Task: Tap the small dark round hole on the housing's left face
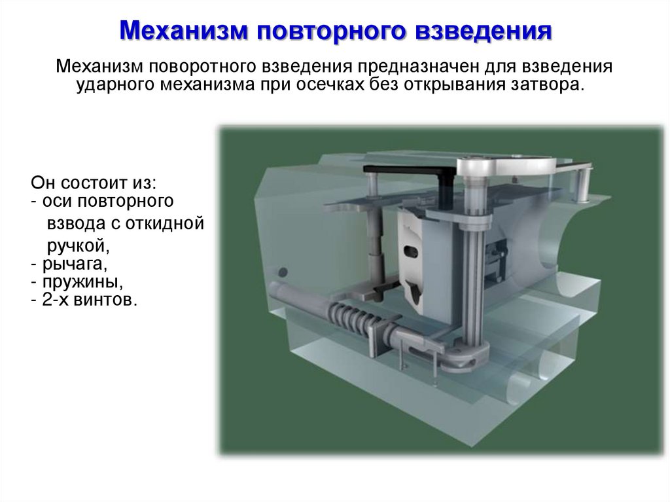(283, 270)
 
